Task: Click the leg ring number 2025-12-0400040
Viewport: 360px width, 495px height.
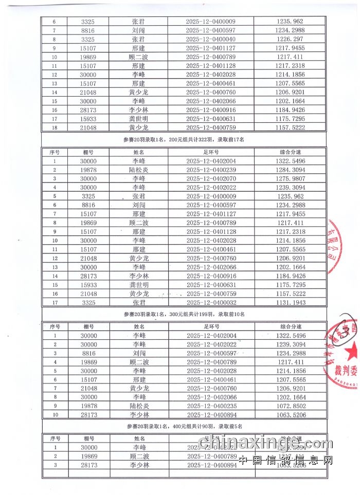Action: point(210,39)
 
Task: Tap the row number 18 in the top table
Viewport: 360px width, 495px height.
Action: point(55,127)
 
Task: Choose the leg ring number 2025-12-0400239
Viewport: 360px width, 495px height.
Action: point(210,170)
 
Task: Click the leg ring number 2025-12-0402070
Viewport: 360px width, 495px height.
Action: point(210,178)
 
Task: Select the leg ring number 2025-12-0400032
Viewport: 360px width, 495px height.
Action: point(210,303)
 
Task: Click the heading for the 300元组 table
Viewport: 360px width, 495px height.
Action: point(184,314)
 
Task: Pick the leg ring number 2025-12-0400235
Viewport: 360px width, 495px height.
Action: point(210,406)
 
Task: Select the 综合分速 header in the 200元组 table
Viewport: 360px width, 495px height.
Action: point(291,152)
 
